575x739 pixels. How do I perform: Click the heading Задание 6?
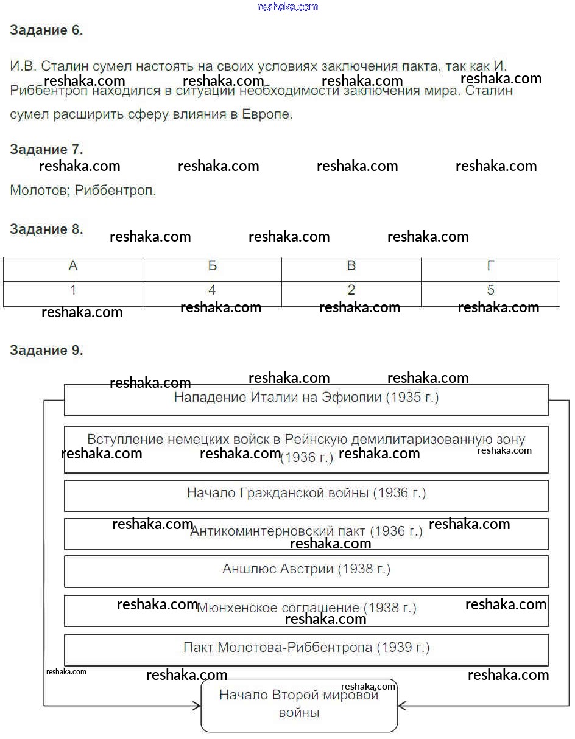pos(46,30)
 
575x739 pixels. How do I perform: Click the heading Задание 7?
pos(46,150)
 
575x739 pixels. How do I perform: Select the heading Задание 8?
pos(46,229)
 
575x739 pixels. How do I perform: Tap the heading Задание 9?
pos(46,351)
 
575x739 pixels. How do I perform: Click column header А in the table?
pos(73,267)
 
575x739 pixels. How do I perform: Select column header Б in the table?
pos(212,267)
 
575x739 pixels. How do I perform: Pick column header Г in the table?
pos(490,267)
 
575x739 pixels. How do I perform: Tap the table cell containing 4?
pos(212,290)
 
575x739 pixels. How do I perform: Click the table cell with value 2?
pos(351,290)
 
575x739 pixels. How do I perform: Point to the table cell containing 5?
pos(490,290)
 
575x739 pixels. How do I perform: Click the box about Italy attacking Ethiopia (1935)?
pos(306,399)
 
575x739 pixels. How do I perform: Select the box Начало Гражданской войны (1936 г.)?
pos(306,494)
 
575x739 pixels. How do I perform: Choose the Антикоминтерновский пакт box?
pos(306,532)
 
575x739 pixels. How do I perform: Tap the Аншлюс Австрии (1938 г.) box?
pos(306,570)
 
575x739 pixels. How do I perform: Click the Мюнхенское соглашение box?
pos(306,609)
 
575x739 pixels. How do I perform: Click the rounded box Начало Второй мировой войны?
pos(299,705)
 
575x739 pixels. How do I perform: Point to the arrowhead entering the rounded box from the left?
pos(197,706)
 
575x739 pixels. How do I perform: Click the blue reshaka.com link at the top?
pos(287,7)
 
